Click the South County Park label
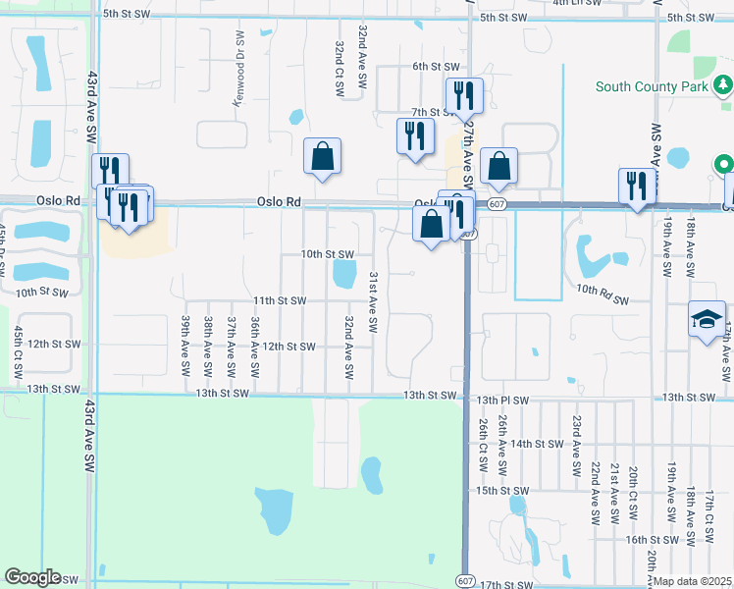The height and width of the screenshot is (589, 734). (652, 87)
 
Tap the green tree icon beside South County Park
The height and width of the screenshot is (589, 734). (722, 86)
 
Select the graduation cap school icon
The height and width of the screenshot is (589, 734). (707, 321)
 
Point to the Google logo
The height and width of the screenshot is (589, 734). (32, 576)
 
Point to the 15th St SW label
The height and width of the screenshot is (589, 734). (502, 490)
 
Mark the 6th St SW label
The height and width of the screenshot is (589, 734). (436, 66)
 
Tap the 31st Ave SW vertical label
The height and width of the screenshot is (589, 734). (373, 304)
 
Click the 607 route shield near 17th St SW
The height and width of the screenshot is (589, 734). (463, 581)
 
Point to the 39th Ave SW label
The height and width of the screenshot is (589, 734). (184, 345)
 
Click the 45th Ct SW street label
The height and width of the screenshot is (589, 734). (18, 353)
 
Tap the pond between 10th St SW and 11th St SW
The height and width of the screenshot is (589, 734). (343, 274)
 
